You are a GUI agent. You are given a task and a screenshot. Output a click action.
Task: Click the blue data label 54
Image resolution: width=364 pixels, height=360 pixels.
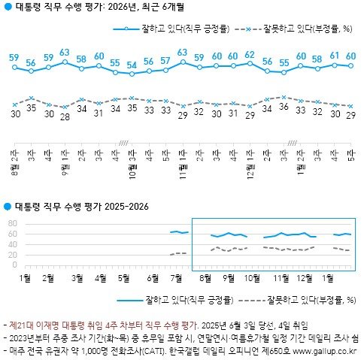[132, 64]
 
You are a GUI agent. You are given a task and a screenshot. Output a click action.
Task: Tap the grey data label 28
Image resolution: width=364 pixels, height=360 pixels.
[65, 116]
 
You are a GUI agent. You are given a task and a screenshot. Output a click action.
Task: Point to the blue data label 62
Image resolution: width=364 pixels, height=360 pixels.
[250, 55]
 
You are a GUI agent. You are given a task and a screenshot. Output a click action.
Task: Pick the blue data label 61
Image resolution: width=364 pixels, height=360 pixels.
[334, 56]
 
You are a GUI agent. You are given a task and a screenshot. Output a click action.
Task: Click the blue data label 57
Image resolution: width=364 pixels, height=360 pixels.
[165, 60]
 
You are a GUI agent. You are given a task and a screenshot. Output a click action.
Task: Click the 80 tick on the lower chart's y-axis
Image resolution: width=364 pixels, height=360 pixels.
[12, 224]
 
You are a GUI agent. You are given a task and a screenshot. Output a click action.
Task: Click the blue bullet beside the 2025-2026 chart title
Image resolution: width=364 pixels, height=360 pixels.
[8, 206]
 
